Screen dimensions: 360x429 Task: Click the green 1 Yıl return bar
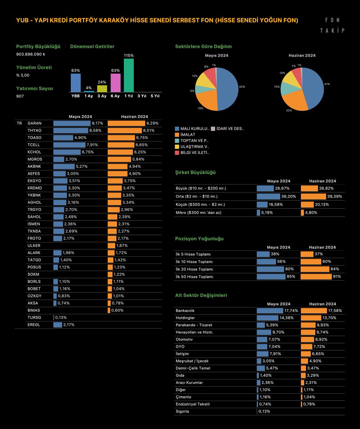tap(129, 75)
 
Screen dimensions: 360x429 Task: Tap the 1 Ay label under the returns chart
tap(89, 96)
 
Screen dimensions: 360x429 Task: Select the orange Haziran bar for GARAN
tap(126, 123)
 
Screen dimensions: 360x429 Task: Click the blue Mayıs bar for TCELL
tap(69, 145)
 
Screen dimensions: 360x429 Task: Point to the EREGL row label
tap(34, 325)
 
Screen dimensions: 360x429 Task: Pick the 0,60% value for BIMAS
tap(117, 310)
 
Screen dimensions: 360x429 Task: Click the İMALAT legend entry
tap(185, 134)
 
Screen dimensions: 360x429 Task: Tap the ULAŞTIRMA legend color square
tap(177, 147)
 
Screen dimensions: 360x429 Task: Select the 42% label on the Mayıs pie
tap(242, 87)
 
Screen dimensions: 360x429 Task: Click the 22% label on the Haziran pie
tap(289, 110)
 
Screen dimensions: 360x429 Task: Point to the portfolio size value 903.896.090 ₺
tap(31, 54)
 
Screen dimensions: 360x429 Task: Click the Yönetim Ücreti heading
tap(34, 68)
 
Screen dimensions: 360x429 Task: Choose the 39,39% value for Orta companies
tap(335, 196)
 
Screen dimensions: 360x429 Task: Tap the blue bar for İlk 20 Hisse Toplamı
tap(270, 269)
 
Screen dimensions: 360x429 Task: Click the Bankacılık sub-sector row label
tap(185, 311)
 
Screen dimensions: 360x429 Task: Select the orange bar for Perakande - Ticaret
tap(308, 325)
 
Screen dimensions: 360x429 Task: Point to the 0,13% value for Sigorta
tap(264, 411)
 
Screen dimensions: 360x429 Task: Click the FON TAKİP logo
tap(332, 25)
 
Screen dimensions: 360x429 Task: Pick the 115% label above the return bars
tap(129, 55)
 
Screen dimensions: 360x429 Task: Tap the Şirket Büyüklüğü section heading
tap(195, 172)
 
